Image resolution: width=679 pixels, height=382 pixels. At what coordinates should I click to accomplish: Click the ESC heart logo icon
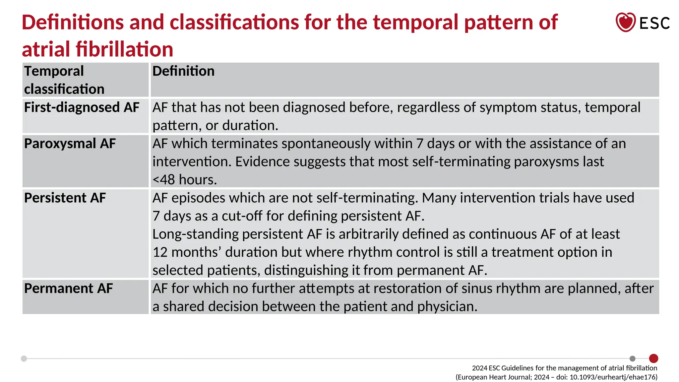click(625, 22)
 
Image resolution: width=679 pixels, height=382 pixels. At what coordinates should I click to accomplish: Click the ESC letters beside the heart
click(654, 23)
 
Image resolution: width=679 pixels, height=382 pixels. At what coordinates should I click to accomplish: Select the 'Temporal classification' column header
click(64, 80)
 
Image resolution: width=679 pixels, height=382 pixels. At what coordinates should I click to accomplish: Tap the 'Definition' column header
click(183, 71)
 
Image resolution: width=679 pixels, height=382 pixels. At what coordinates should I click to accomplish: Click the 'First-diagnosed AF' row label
click(82, 107)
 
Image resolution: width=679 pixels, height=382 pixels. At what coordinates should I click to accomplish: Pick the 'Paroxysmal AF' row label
click(70, 144)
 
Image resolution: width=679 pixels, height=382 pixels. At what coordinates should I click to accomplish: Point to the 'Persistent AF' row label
click(65, 198)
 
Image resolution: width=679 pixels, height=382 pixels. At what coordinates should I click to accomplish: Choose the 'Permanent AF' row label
click(68, 288)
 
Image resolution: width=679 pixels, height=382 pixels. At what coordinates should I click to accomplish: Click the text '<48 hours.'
click(185, 180)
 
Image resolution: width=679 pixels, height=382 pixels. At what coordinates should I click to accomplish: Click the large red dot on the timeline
click(653, 358)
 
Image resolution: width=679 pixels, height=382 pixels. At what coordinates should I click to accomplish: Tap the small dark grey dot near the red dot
click(632, 358)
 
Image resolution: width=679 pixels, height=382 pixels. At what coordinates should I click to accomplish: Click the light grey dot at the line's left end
click(24, 358)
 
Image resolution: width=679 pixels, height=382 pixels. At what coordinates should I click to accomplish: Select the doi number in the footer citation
click(613, 377)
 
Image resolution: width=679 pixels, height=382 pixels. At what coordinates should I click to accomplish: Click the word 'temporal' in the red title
click(416, 22)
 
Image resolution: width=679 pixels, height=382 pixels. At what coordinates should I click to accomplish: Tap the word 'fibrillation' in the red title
click(124, 49)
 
